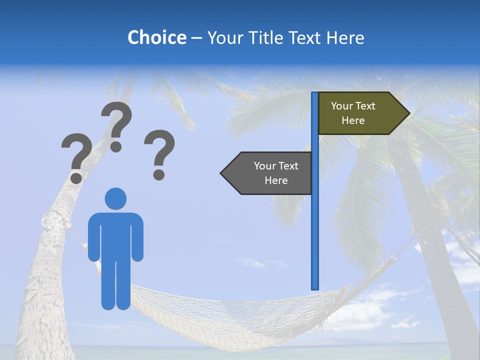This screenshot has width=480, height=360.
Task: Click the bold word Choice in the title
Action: pos(156,37)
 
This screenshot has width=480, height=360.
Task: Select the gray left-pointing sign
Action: pos(270,173)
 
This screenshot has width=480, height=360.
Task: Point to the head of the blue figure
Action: pos(115,198)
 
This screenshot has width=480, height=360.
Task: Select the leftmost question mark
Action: pos(76,155)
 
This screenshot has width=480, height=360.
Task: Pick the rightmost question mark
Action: pos(159,150)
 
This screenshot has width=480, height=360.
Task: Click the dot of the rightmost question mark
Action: pos(159,174)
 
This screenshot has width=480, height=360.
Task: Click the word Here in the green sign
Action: pos(353,120)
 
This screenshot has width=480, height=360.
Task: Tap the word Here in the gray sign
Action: pos(276,180)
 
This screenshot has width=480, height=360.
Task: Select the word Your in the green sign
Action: pos(342,105)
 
